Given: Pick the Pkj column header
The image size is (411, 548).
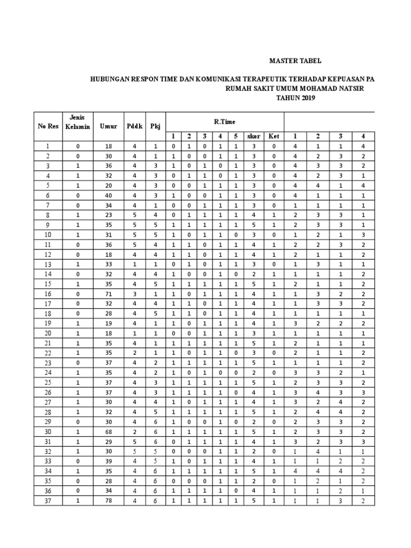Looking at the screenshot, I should [155, 127].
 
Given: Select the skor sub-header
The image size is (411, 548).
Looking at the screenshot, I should [254, 136].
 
